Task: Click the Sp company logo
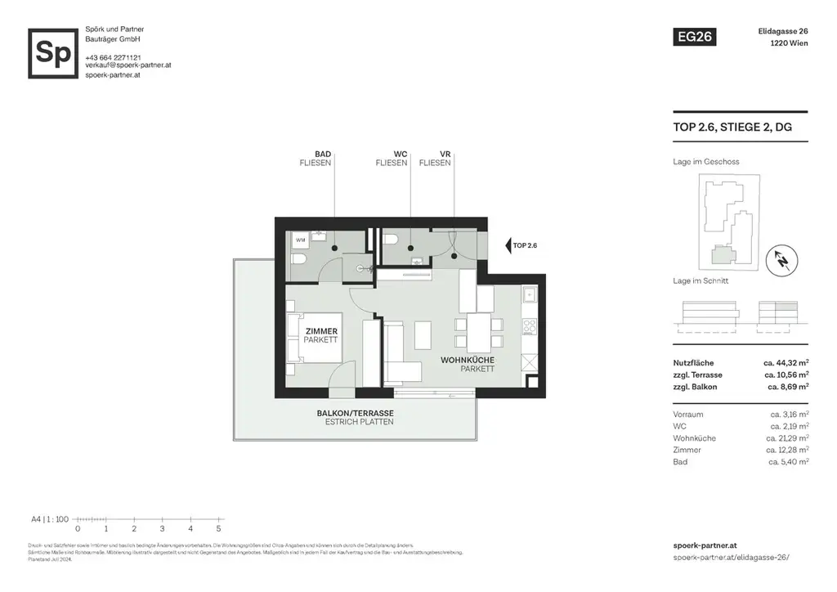pyautogui.click(x=53, y=53)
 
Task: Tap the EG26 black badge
pyautogui.click(x=693, y=37)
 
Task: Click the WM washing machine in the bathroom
pyautogui.click(x=300, y=240)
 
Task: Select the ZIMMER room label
pyautogui.click(x=320, y=330)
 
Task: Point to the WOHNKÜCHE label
pyautogui.click(x=468, y=360)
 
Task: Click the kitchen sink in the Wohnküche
pyautogui.click(x=529, y=294)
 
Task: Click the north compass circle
pyautogui.click(x=782, y=261)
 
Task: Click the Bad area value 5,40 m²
pyautogui.click(x=789, y=462)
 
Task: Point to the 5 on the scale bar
pyautogui.click(x=218, y=528)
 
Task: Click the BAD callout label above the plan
pyautogui.click(x=322, y=153)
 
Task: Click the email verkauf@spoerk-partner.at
pyautogui.click(x=128, y=65)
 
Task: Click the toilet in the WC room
pyautogui.click(x=392, y=240)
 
